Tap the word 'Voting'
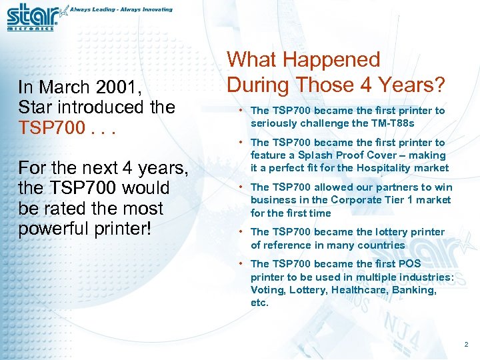[x=265, y=290]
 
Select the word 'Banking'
[x=415, y=290]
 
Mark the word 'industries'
[x=430, y=277]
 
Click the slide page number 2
[x=466, y=345]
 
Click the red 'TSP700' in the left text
[x=47, y=127]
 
